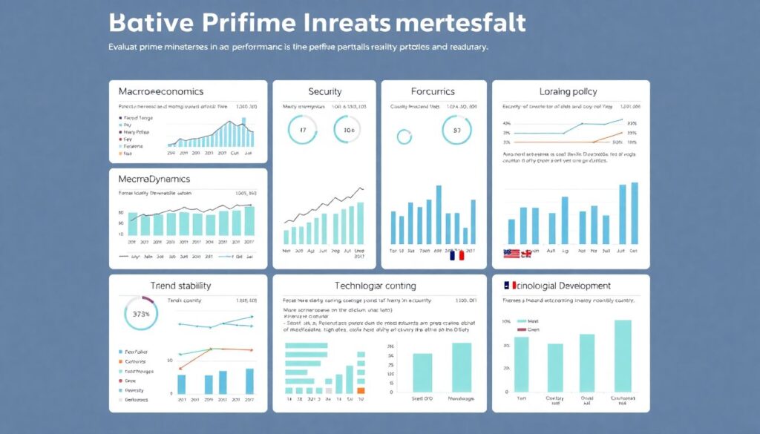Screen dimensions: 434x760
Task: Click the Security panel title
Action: click(325, 91)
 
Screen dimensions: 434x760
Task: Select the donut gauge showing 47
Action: click(302, 131)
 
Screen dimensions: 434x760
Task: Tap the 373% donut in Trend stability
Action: click(141, 313)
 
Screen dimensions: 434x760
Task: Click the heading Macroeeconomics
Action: click(162, 91)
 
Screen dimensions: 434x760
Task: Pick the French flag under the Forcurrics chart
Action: click(456, 255)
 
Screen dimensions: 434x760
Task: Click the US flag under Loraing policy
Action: click(512, 254)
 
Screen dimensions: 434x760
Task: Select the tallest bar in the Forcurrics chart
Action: click(439, 214)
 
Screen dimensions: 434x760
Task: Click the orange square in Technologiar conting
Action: click(361, 389)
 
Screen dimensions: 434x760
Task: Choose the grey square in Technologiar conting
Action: click(329, 389)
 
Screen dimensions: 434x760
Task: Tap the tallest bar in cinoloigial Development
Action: click(623, 355)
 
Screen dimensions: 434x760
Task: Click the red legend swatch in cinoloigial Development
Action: click(521, 329)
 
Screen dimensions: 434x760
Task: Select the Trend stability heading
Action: click(180, 286)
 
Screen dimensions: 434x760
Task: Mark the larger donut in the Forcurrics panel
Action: click(456, 131)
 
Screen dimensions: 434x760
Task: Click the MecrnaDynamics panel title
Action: click(154, 179)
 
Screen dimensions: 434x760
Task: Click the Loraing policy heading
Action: click(568, 91)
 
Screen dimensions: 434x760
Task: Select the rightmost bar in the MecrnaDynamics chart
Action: click(249, 220)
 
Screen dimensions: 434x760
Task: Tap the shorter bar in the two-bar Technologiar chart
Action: click(422, 371)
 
